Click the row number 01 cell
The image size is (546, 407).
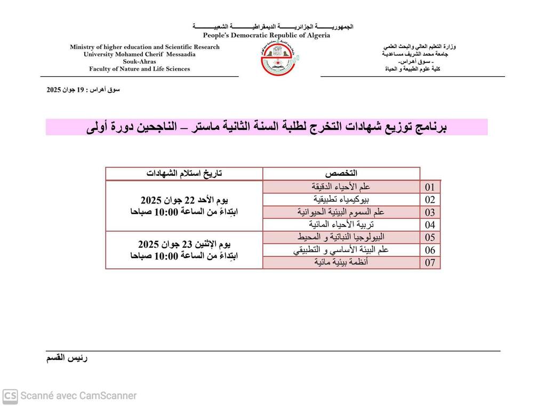pos(430,187)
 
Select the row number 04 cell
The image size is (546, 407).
pos(430,225)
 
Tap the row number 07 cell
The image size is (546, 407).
pos(430,263)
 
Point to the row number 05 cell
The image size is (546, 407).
pos(430,238)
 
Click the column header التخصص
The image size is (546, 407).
pos(341,174)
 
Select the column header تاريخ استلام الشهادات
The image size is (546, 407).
pos(184,174)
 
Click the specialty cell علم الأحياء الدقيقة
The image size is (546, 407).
pos(341,187)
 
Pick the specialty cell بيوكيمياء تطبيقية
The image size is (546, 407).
pos(341,199)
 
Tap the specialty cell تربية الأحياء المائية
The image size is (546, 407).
pos(341,224)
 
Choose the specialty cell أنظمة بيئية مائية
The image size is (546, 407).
pos(341,262)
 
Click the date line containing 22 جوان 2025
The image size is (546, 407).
pos(184,200)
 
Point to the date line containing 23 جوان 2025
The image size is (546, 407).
pos(184,245)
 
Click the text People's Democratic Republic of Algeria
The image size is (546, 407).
pos(266,36)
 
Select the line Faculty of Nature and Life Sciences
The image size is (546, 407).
pos(139,69)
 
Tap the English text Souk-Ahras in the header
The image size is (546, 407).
pos(139,61)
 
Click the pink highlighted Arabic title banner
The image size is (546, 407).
pos(267,127)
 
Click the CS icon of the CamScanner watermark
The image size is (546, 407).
pos(10,396)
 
